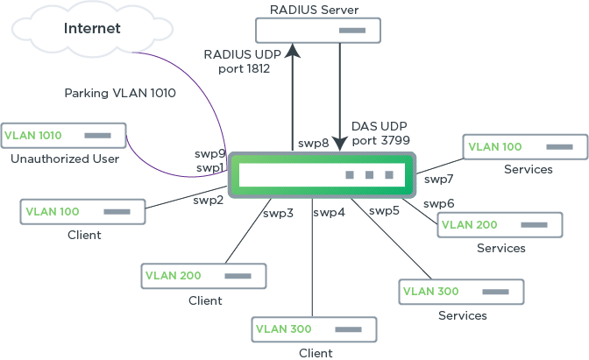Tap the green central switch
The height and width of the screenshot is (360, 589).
[x=321, y=175]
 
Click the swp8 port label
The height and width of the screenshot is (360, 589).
[x=313, y=144]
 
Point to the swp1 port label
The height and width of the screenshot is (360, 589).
[x=209, y=167]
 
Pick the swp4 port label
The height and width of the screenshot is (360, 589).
[x=330, y=212]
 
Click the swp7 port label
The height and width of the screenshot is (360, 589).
[x=438, y=180]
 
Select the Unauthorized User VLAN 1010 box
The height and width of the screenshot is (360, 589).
[x=63, y=136]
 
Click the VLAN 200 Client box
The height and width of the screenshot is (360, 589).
[x=204, y=276]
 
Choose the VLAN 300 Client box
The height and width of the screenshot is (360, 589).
[x=315, y=329]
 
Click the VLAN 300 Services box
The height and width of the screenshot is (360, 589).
[x=461, y=292]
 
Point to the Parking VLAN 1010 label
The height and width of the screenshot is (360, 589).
[x=121, y=92]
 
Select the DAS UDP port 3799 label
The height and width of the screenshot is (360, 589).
[x=380, y=132]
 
